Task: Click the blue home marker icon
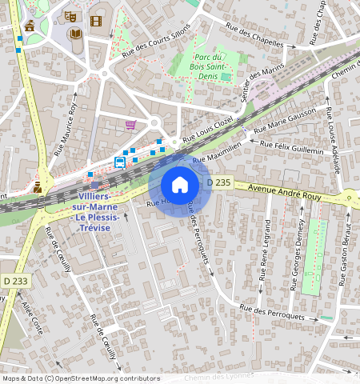coord(180,185)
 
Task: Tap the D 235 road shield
coord(219,183)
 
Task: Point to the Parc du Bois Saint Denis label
coord(208,66)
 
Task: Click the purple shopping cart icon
coord(130,125)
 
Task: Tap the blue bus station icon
coord(119,162)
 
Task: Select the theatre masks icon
coord(70,16)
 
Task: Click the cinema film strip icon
coord(96,22)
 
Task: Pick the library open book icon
coord(74,34)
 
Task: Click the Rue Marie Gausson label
coord(285,121)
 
